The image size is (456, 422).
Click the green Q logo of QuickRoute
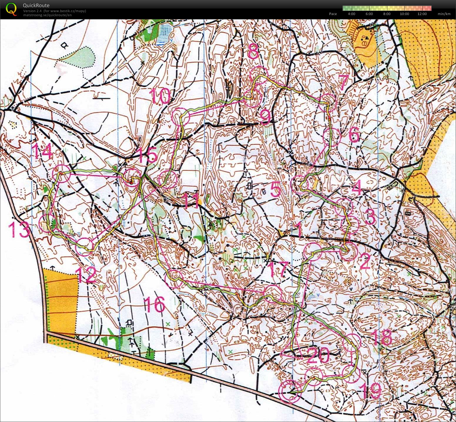11,9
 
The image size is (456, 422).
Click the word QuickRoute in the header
36,5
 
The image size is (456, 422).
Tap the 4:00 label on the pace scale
351,14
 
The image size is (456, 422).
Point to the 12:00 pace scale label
422,14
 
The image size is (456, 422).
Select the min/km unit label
444,14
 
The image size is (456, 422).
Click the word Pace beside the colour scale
333,14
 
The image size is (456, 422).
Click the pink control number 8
253,53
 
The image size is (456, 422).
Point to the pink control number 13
20,229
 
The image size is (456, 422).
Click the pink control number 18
382,337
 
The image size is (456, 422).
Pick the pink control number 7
343,83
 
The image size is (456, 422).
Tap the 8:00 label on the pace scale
387,14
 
